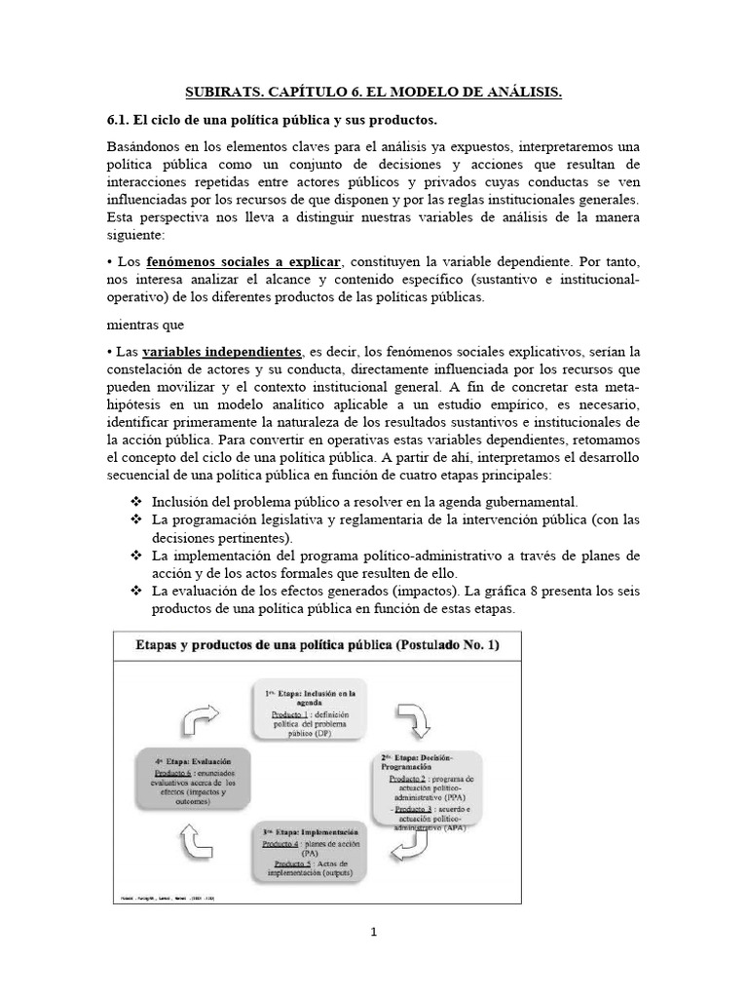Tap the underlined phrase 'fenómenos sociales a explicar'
tap(243, 263)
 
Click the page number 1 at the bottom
tap(374, 932)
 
